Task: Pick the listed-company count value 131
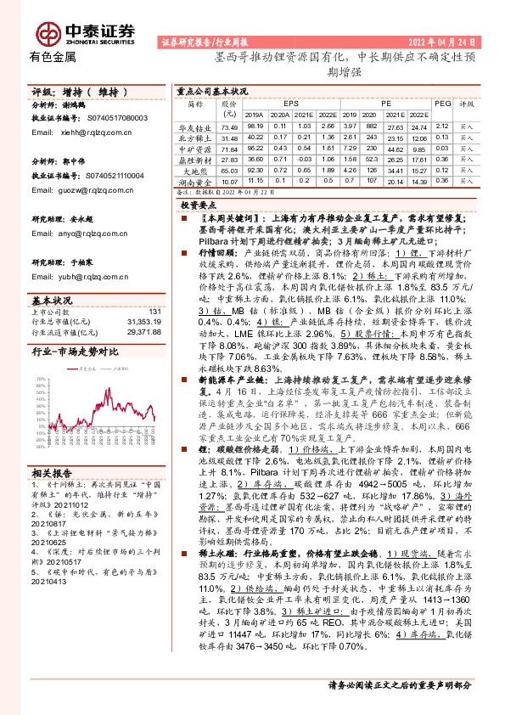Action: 154,312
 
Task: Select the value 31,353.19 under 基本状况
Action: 143,320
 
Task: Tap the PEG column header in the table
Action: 443,102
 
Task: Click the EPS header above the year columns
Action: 291,102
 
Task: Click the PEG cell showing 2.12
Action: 442,125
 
